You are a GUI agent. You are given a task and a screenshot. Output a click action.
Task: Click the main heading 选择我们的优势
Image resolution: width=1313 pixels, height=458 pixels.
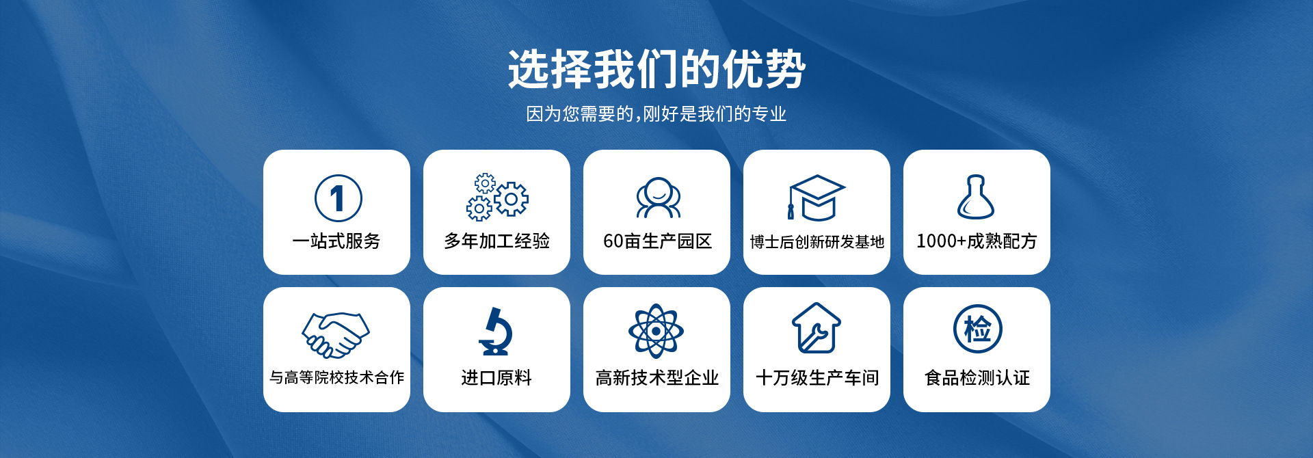coord(656,69)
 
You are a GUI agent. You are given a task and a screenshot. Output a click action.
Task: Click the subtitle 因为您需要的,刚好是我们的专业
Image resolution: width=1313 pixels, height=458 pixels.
coord(656,113)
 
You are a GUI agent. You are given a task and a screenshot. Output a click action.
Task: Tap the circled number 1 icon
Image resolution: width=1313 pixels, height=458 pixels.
coord(338,198)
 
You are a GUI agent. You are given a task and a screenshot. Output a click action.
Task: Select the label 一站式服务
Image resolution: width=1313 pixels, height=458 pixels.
coord(336,241)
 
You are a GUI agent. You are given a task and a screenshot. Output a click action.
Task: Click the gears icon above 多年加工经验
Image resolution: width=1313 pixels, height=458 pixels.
coord(497,197)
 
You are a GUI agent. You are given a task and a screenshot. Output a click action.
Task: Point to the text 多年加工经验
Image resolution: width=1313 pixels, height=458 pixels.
coord(496,241)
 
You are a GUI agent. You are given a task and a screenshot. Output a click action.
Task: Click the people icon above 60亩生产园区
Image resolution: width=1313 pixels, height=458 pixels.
coord(658,198)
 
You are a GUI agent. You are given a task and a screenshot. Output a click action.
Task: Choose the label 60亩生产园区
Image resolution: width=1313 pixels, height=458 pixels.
coord(657,241)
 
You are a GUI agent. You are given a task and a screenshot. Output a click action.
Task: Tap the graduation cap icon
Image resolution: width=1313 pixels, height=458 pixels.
coord(817,198)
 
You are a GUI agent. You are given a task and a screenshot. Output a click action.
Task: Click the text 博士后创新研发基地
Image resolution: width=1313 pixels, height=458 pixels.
coord(817,241)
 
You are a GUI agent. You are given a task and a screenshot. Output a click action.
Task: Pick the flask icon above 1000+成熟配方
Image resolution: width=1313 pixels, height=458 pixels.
coord(976,197)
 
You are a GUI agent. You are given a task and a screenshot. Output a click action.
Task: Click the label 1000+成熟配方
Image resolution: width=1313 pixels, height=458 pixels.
coord(977,241)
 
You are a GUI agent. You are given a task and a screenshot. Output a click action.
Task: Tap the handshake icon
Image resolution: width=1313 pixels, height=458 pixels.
coord(336,335)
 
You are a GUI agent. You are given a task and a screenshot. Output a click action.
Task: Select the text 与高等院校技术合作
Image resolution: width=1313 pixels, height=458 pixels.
coord(336,377)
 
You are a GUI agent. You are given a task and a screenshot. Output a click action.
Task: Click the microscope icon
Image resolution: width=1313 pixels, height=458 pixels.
coord(496,332)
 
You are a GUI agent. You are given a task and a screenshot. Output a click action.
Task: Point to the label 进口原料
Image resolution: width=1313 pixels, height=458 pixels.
coord(496,377)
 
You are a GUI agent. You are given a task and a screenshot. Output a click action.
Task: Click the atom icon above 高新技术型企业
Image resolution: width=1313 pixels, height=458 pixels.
coord(656,332)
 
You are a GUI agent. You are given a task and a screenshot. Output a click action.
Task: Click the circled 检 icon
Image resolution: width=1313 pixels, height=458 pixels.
coord(978,329)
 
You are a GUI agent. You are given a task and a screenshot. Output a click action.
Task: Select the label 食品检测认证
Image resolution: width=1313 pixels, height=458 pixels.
coord(977,377)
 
